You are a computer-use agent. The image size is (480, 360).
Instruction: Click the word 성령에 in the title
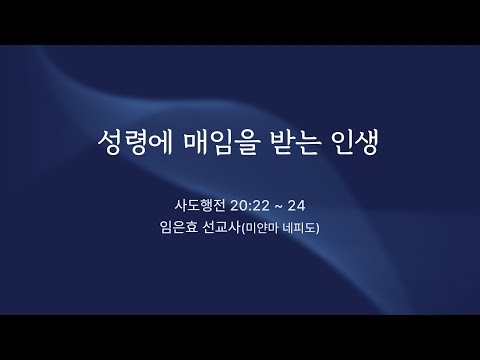[135, 142]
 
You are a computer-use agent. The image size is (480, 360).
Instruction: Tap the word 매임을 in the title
[221, 142]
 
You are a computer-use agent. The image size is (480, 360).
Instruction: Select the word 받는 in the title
[295, 142]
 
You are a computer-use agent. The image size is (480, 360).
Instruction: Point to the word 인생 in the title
[355, 142]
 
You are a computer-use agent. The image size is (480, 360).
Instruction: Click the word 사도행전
[200, 205]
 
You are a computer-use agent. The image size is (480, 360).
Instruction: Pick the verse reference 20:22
[249, 206]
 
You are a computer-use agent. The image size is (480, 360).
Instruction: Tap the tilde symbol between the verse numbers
[278, 206]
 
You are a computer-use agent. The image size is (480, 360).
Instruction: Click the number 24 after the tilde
[296, 206]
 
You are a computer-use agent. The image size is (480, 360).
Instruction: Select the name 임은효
[179, 228]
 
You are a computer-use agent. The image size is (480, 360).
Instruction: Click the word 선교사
[222, 228]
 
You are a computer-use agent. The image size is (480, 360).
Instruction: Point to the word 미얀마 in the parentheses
[262, 228]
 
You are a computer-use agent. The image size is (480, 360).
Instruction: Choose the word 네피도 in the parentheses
[299, 228]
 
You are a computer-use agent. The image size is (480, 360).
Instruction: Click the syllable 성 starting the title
[110, 142]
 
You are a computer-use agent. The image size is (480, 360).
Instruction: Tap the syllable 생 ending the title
[366, 142]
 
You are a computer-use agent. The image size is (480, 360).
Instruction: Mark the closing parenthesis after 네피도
[318, 229]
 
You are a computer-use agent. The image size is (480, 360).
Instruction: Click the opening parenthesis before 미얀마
[243, 229]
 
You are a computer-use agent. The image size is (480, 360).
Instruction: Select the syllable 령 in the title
[135, 142]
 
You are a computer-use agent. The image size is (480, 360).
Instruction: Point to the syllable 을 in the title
[246, 142]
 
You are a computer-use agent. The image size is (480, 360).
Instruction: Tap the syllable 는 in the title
[308, 142]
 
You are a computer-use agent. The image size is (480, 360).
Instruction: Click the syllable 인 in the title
[343, 142]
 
